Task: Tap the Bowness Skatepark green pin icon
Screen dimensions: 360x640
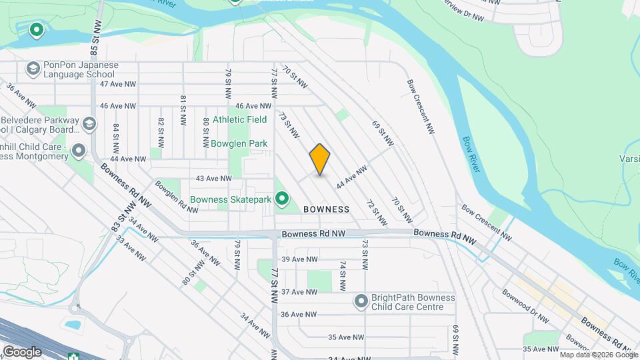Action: click(282, 199)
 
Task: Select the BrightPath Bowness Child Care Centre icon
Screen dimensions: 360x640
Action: click(361, 302)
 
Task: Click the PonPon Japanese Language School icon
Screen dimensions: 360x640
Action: click(33, 69)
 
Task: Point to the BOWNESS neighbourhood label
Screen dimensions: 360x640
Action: click(327, 209)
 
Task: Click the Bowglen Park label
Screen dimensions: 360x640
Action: click(239, 143)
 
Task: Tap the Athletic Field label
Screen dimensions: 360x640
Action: click(239, 119)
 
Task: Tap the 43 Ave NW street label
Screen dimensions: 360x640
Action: click(213, 179)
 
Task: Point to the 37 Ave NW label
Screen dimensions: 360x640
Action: click(299, 292)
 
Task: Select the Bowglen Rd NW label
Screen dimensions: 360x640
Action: click(176, 197)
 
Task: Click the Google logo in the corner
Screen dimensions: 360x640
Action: click(22, 351)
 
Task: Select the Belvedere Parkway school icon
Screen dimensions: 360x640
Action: click(89, 124)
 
